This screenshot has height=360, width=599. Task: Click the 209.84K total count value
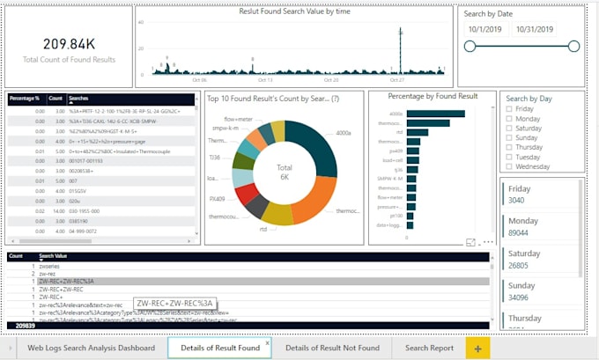tap(69, 44)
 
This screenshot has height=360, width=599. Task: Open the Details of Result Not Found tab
tap(332, 348)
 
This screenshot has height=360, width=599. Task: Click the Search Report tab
tap(429, 348)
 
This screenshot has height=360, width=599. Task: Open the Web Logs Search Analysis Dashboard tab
tap(91, 348)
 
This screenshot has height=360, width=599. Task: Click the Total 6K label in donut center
tap(284, 172)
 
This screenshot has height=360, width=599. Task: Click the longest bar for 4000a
tap(435, 114)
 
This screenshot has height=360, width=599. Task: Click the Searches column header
tap(79, 99)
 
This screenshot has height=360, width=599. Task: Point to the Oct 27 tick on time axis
tap(395, 78)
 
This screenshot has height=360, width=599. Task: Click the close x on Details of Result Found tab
tap(268, 342)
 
